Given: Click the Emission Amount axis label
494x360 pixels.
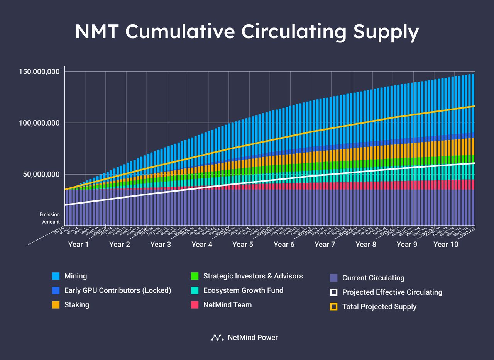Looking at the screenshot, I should [50, 218].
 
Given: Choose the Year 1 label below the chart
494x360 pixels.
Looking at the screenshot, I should [78, 245].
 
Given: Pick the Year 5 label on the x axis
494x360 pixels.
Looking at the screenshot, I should [243, 245].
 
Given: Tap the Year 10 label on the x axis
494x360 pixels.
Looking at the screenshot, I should [446, 245].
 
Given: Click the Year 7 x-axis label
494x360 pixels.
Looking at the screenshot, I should [325, 245].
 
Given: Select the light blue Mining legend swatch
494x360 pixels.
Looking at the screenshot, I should [56, 276].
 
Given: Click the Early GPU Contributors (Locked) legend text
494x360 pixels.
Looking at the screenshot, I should [118, 290].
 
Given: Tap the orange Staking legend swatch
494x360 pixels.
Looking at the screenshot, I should [56, 305].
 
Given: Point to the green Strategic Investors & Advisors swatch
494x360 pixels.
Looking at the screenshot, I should [195, 276].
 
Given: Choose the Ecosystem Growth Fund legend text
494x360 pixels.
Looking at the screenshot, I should [243, 290].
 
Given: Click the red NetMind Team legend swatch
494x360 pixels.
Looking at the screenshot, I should [195, 305].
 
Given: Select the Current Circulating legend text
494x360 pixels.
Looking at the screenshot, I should [373, 278].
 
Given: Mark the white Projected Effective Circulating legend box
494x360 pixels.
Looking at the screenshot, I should [334, 292].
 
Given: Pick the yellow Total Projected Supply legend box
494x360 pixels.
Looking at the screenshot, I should [334, 307].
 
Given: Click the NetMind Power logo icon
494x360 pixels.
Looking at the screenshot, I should [217, 338].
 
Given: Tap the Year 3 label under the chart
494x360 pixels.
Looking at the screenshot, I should [161, 245].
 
